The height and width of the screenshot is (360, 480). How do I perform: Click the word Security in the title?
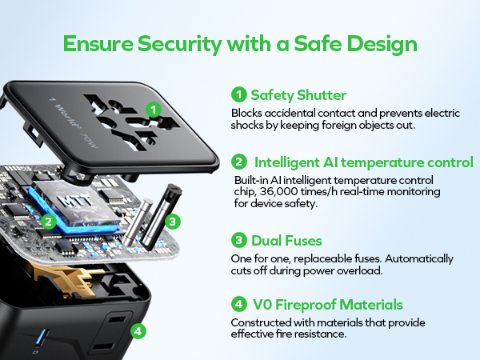click(179, 44)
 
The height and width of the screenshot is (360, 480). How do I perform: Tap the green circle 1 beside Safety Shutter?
click(238, 94)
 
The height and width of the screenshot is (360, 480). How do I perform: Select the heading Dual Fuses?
click(286, 241)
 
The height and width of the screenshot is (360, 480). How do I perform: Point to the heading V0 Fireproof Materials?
click(327, 305)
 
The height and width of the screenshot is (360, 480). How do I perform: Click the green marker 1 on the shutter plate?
click(154, 110)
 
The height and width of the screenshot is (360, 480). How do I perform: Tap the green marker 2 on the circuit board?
click(48, 221)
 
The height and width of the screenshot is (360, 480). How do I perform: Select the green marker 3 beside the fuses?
click(172, 221)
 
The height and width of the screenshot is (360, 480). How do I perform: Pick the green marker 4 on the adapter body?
click(138, 331)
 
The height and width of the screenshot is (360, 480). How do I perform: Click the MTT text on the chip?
click(76, 201)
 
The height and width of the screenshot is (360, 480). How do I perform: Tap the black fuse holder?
click(162, 217)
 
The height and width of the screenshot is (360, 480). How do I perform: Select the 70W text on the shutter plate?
click(89, 141)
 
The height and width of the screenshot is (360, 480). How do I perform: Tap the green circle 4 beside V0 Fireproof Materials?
click(238, 304)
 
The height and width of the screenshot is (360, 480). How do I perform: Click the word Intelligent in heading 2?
click(287, 162)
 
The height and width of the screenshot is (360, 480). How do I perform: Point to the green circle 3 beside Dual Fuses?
click(238, 240)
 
